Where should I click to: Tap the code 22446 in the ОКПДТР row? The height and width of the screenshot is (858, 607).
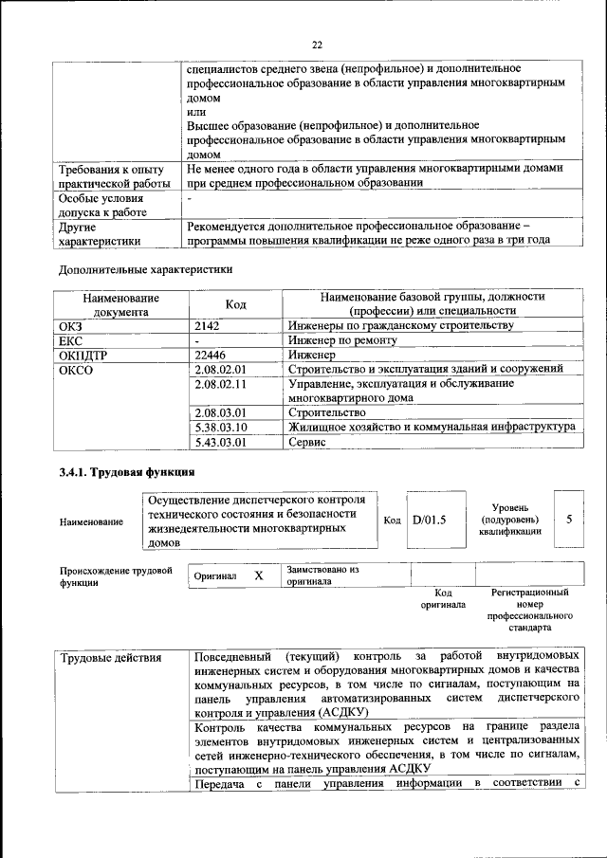click(x=210, y=354)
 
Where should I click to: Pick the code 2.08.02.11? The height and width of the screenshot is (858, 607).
click(x=219, y=384)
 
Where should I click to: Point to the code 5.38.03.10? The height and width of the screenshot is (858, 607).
click(x=219, y=428)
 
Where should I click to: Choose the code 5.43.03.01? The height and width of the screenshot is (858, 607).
click(x=219, y=442)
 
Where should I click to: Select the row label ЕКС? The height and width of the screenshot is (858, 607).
click(x=71, y=339)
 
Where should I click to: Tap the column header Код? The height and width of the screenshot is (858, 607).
click(x=235, y=303)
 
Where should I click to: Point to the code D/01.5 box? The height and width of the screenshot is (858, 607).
click(x=429, y=520)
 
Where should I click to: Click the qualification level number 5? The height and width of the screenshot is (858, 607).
click(x=568, y=520)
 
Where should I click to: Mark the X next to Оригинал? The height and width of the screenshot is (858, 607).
click(x=258, y=575)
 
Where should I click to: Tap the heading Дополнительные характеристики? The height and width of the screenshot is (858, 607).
click(x=145, y=268)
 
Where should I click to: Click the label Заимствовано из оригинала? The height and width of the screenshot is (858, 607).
click(x=322, y=575)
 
